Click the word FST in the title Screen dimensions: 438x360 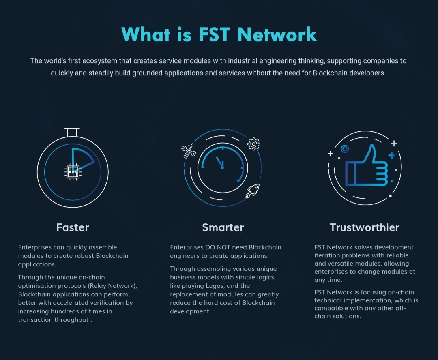(214, 34)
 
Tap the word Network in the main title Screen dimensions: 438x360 (277, 34)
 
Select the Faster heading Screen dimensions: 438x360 (73, 227)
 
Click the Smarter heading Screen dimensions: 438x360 (223, 227)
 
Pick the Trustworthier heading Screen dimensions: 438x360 (364, 227)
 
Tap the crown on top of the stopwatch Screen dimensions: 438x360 (72, 132)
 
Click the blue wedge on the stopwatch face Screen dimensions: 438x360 (81, 159)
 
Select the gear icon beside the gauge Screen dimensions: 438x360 (253, 144)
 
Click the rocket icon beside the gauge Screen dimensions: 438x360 (253, 191)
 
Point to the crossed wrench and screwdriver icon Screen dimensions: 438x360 (189, 151)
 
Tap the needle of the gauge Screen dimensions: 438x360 (219, 163)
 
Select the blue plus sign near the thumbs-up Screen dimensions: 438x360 (392, 155)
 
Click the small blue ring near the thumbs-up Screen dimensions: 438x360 (345, 149)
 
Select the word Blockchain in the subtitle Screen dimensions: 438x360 (330, 73)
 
